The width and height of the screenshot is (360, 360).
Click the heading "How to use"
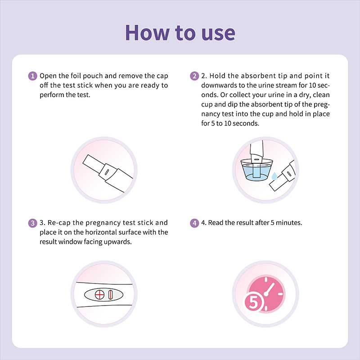tap(180, 33)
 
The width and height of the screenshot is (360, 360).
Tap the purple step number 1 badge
tap(32, 76)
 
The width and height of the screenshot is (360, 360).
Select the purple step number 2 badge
tap(194, 76)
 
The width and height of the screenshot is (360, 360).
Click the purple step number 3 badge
tap(32, 223)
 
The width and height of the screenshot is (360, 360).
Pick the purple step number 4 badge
tap(194, 223)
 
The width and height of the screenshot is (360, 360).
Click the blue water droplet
tap(274, 176)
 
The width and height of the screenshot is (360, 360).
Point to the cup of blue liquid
tap(256, 169)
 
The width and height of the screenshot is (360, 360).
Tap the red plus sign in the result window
tap(99, 295)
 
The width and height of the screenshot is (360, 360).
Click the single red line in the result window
tap(110, 295)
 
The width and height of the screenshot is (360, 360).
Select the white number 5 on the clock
tap(253, 302)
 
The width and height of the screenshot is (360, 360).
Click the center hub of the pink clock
tap(266, 294)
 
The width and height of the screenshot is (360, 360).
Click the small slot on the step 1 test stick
tap(107, 172)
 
